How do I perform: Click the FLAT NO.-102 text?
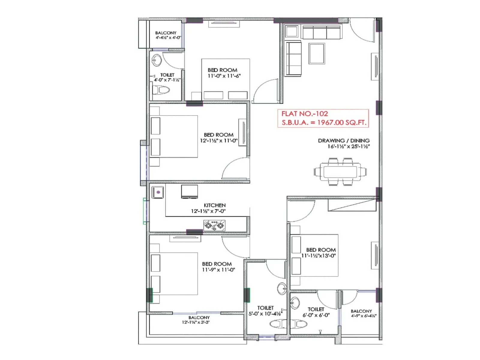tap(304, 114)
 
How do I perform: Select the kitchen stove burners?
tap(214, 226)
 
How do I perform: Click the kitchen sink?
tap(158, 192)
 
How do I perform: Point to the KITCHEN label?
tap(214, 205)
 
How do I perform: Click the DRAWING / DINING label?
tap(343, 140)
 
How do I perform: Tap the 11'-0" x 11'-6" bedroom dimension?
tap(224, 76)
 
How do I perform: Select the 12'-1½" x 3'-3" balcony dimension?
tap(196, 322)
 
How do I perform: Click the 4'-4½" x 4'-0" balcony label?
tap(168, 38)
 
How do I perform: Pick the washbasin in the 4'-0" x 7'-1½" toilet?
tap(156, 60)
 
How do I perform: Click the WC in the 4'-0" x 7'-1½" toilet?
tap(161, 90)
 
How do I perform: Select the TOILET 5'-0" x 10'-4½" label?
tap(265, 311)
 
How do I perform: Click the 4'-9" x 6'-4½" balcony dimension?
tap(363, 316)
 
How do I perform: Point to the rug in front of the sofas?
tap(317, 54)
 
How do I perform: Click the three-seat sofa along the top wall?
tap(322, 32)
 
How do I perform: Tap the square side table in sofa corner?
tap(291, 31)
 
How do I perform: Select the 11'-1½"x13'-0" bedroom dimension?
tap(318, 256)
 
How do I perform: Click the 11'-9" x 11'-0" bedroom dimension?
tap(218, 270)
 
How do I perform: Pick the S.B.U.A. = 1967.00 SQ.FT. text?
tap(324, 122)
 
